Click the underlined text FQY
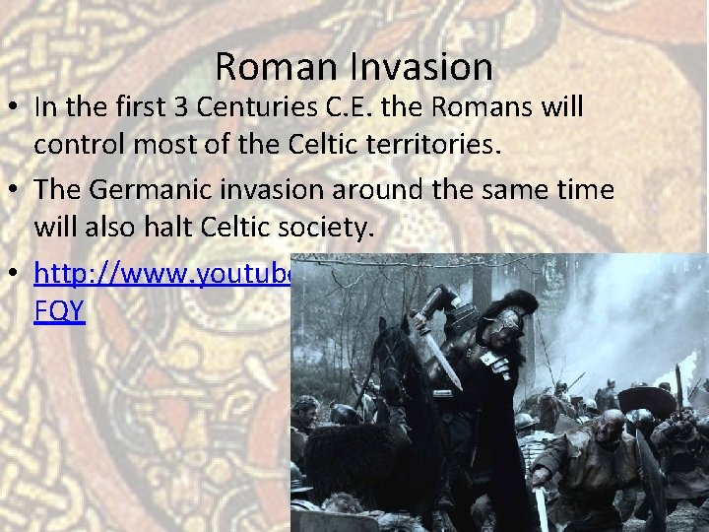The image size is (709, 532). click(x=59, y=309)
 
